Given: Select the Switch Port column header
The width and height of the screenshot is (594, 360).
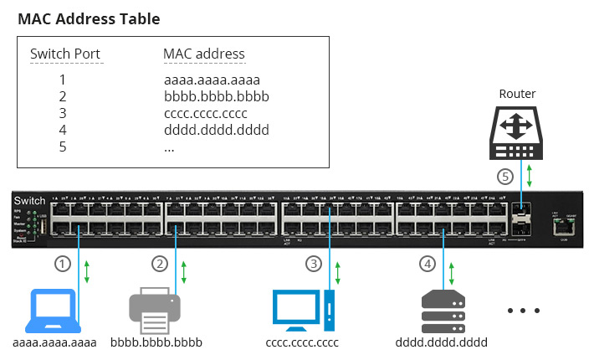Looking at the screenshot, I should (65, 54).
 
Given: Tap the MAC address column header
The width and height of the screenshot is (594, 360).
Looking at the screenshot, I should (204, 54).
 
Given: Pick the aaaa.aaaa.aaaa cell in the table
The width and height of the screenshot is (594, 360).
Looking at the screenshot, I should (213, 81).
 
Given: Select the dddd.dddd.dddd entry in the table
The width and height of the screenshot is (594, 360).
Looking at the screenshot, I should (217, 130).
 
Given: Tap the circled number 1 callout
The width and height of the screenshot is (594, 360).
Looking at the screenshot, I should (62, 263).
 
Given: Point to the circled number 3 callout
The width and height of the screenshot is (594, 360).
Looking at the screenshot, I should (313, 263).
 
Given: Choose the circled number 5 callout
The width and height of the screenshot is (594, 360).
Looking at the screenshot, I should (504, 177).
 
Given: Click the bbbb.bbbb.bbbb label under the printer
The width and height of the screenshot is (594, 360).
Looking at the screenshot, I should (156, 342).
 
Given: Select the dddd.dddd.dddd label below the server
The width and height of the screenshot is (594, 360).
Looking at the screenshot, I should (441, 342).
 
